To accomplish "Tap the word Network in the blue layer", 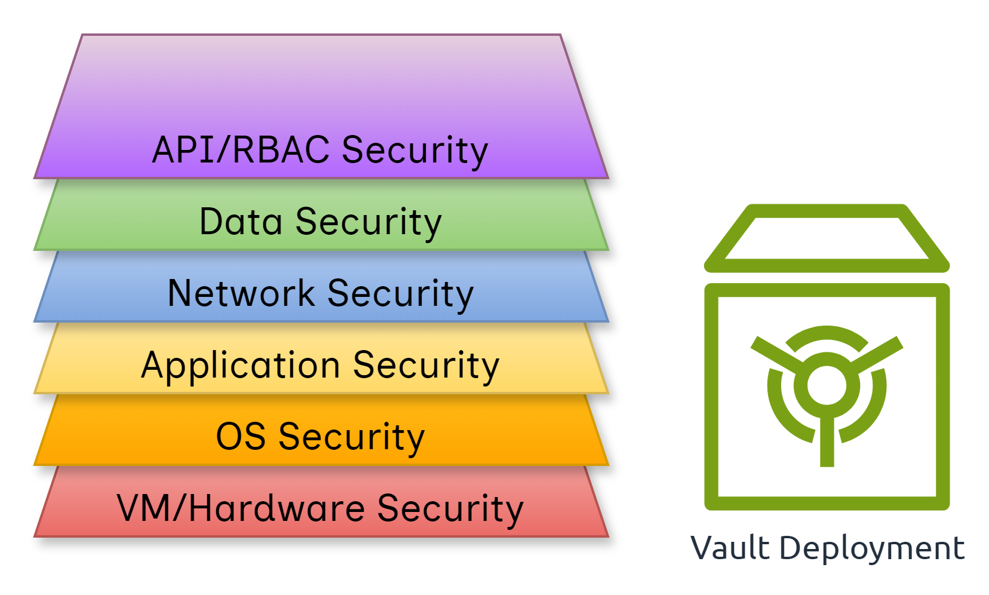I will (x=241, y=293).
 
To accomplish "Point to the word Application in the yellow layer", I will (x=240, y=366).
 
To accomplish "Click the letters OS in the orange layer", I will (x=240, y=437).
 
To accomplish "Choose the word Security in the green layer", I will (x=368, y=222).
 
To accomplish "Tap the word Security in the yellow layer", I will (x=426, y=366).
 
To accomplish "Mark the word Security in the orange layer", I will (x=352, y=437).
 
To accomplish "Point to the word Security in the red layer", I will (x=450, y=508).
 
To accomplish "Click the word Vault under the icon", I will (x=730, y=548).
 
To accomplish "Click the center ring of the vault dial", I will (x=827, y=385).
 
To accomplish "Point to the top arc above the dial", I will (x=827, y=332).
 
